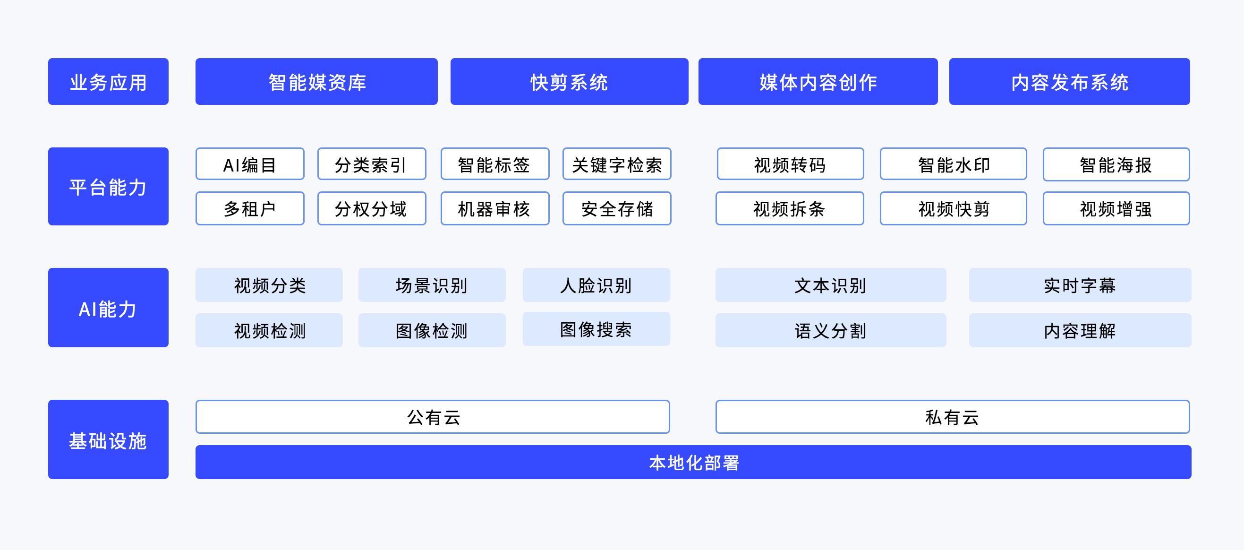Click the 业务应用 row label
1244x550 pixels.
tap(108, 82)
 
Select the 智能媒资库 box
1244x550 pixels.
tap(316, 82)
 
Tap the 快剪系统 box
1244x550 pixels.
tap(570, 82)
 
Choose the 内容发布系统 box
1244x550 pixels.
tap(1069, 82)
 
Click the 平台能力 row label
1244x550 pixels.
tap(108, 187)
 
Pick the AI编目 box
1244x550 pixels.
tap(250, 164)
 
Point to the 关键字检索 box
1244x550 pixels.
tap(617, 164)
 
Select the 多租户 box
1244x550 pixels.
tap(250, 209)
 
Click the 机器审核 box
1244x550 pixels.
tap(495, 209)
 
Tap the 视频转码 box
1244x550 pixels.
tap(790, 164)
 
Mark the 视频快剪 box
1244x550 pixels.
tap(953, 209)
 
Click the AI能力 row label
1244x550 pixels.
tap(108, 308)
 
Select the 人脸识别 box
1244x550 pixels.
tap(596, 285)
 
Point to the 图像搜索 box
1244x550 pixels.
tap(596, 329)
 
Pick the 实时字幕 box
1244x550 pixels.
tap(1080, 285)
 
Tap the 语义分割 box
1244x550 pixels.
tap(831, 331)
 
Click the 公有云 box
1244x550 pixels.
tap(433, 417)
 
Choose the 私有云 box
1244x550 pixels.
tap(952, 417)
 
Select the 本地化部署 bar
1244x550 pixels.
tap(693, 463)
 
